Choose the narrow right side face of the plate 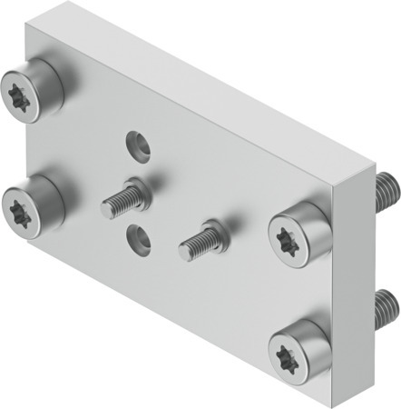pos(360,273)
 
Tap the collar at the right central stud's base pos(212,230)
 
